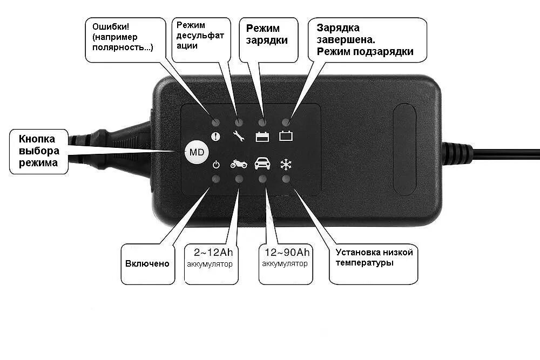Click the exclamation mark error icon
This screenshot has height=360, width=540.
coord(216,137)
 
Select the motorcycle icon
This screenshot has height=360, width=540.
coord(239,164)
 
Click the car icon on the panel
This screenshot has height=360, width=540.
coord(262,163)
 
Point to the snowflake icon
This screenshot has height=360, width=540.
coord(286,164)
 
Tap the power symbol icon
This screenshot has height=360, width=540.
coord(216,164)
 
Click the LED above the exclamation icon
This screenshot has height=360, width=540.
coord(216,123)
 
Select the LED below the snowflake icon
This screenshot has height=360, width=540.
coord(286,178)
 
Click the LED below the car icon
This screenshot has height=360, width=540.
coord(262,178)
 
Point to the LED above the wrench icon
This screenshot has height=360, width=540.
coord(239,123)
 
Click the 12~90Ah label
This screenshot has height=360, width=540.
coord(287,253)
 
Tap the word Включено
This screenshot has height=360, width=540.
coord(147,263)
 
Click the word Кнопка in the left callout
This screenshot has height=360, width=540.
coord(37,139)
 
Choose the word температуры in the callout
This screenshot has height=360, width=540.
coord(364,263)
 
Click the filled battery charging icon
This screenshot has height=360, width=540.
coord(262,137)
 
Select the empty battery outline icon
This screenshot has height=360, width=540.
coord(286,137)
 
